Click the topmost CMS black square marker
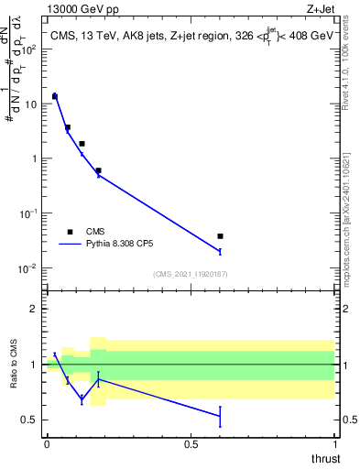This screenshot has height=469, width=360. [x=55, y=96]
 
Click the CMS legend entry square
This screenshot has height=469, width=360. [x=70, y=232]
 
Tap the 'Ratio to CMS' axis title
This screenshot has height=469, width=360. [x=15, y=365]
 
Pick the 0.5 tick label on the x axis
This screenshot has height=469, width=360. [x=191, y=444]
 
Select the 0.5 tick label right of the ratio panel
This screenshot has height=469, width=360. [x=349, y=420]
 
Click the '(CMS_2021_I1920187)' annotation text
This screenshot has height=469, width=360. [x=191, y=274]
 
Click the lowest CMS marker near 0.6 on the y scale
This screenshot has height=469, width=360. [x=98, y=170]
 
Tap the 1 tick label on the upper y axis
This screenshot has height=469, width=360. [x=38, y=158]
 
